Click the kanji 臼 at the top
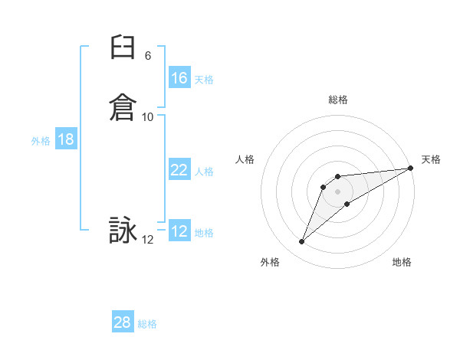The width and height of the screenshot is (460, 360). coord(122,51)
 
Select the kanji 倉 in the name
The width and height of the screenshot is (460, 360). coord(122,106)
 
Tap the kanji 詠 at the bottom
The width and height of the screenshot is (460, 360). coord(122,230)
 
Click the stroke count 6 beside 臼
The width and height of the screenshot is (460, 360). coord(148,56)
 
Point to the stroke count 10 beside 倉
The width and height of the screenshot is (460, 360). coord(148,117)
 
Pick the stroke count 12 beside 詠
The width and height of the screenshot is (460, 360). coord(148,240)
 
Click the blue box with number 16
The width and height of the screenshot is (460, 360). coord(179,78)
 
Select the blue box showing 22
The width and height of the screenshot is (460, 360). coord(179,170)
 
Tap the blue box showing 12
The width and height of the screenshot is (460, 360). coord(179,231)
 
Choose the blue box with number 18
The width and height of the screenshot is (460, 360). coord(66,139)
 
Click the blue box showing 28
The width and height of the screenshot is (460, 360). coord(123,322)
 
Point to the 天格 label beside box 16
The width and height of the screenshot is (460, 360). coord(204,80)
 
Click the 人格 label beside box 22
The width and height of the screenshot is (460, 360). coord(204,172)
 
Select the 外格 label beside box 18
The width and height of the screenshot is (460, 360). coord(41,141)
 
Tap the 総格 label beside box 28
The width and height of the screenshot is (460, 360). coord(147,324)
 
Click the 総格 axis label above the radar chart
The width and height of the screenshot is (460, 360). coord(337,100)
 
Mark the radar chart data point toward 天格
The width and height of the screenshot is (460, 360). coord(410,168)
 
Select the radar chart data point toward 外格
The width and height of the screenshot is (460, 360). coord(302,242)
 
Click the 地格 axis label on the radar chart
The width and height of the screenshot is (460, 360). coord(402,262)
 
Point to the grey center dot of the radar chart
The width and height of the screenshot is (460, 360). coord(337,191)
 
